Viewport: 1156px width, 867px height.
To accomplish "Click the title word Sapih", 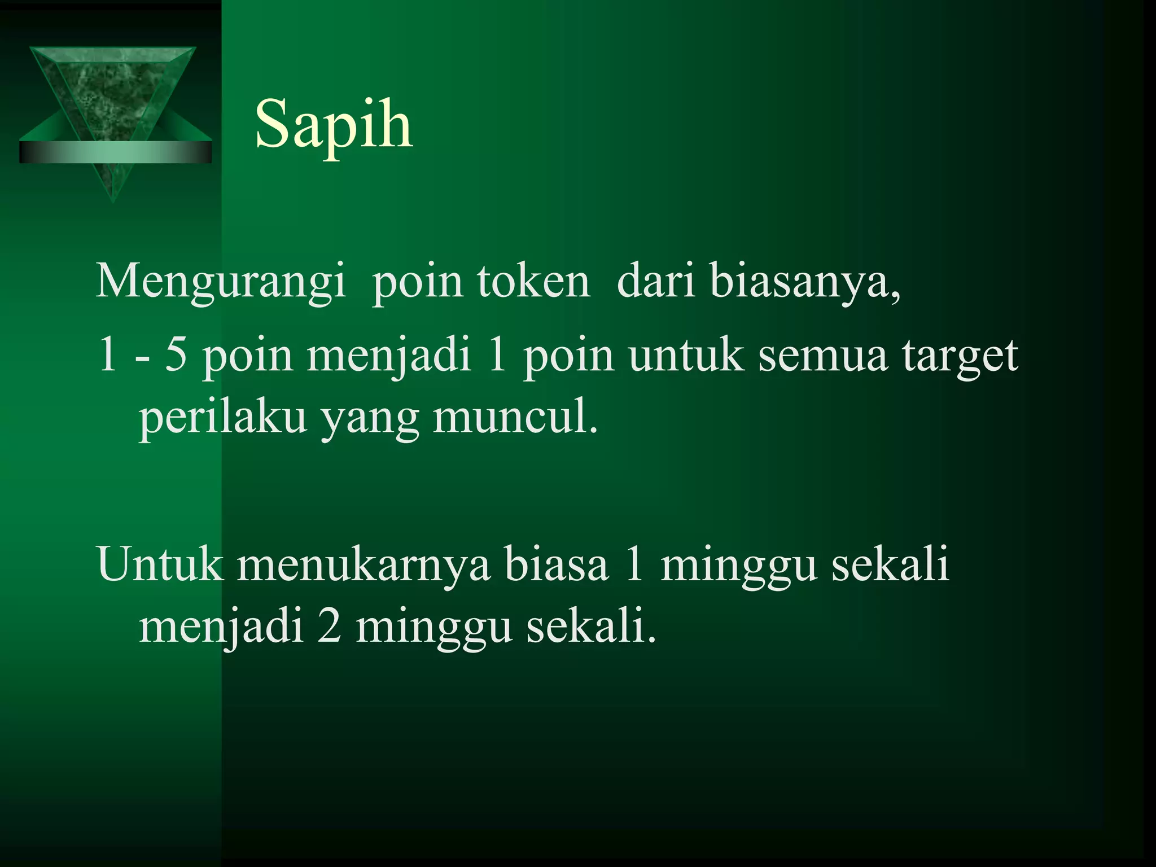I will click(x=334, y=125).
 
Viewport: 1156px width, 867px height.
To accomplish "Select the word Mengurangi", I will click(x=221, y=282).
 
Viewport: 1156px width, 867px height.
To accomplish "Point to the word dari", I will click(x=655, y=281).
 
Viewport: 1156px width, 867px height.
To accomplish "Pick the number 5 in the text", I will click(x=176, y=356).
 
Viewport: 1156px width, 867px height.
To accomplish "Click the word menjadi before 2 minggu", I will click(x=221, y=628).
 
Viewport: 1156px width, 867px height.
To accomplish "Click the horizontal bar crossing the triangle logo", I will click(x=115, y=152).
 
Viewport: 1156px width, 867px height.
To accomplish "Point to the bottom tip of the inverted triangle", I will click(x=113, y=200).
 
